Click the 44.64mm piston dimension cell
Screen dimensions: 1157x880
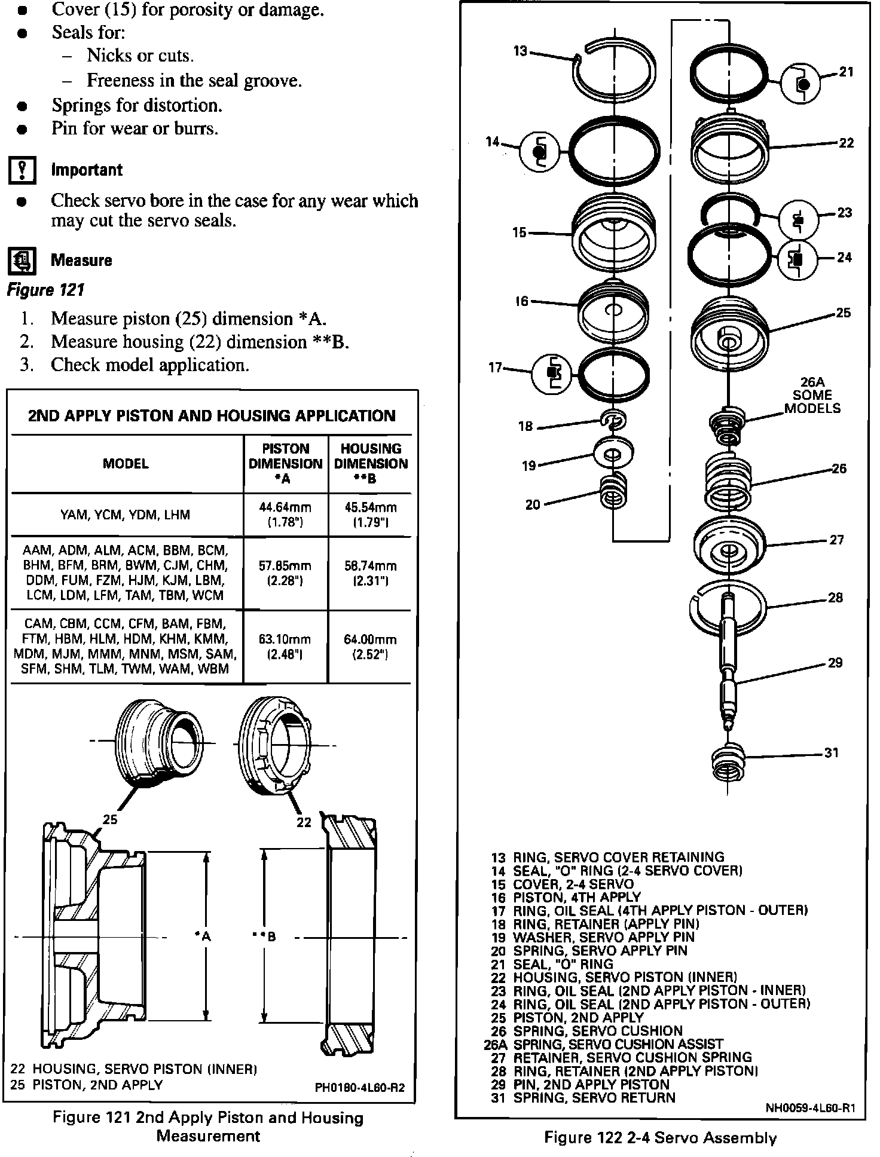[x=285, y=515]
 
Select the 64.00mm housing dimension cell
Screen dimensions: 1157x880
[x=370, y=646]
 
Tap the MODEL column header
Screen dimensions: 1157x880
[x=126, y=464]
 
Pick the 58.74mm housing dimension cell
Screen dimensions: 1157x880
[x=370, y=573]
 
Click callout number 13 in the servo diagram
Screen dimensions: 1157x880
[x=520, y=51]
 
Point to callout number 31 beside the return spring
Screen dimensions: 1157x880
[x=832, y=753]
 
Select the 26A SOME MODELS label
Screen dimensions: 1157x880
[x=812, y=395]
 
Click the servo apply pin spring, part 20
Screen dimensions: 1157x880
[x=615, y=490]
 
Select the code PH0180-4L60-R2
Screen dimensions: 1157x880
[x=359, y=1087]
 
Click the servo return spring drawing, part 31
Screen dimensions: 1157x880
[x=728, y=763]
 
